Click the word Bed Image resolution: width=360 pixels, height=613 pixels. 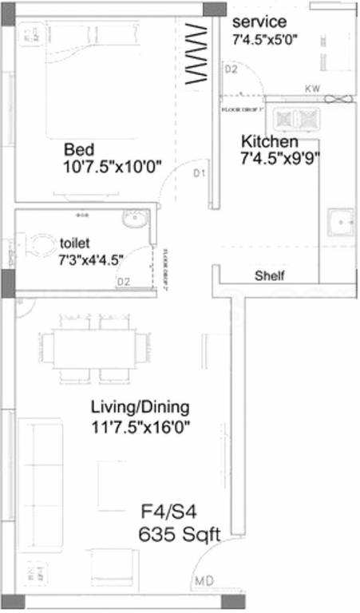pyautogui.click(x=79, y=149)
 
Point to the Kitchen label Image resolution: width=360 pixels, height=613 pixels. pyautogui.click(x=270, y=141)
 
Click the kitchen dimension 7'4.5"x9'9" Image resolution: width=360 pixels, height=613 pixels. pyautogui.click(x=280, y=157)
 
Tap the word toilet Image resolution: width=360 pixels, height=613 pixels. pyautogui.click(x=74, y=242)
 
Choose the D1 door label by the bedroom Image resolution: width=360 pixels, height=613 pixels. pyautogui.click(x=200, y=172)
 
